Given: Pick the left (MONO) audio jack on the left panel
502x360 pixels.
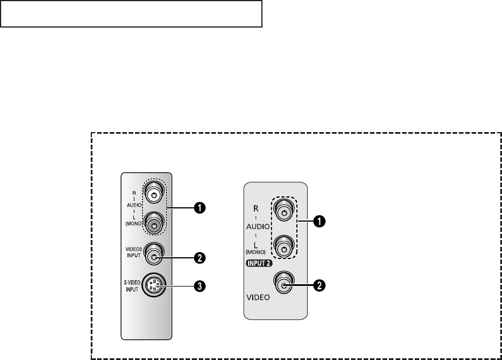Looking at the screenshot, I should click(154, 223).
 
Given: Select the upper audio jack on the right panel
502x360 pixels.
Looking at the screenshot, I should click(284, 212).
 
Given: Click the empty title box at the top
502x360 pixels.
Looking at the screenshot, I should click(132, 14).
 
